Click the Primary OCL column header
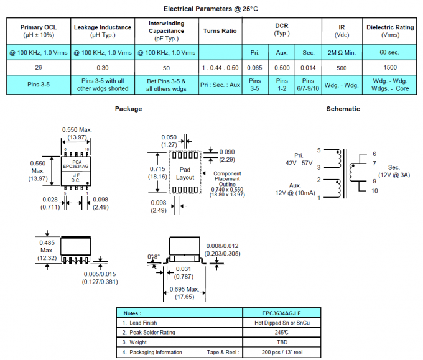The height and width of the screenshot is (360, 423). (x=39, y=30)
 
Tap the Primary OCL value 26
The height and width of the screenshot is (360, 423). (x=39, y=67)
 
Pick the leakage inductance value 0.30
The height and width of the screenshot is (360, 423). (x=103, y=67)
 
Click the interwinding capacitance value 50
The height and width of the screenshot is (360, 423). (x=166, y=67)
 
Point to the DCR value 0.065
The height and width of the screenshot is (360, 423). (x=254, y=67)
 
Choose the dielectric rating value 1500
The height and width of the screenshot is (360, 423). (x=389, y=67)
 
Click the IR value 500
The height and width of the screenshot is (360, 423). (x=342, y=67)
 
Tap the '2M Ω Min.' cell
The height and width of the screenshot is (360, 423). (x=342, y=52)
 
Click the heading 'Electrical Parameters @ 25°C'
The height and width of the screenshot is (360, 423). (x=211, y=9)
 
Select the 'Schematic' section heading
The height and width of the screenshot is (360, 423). (x=343, y=109)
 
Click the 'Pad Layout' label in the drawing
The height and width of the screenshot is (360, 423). (x=185, y=173)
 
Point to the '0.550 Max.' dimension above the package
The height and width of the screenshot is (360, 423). (x=77, y=129)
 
